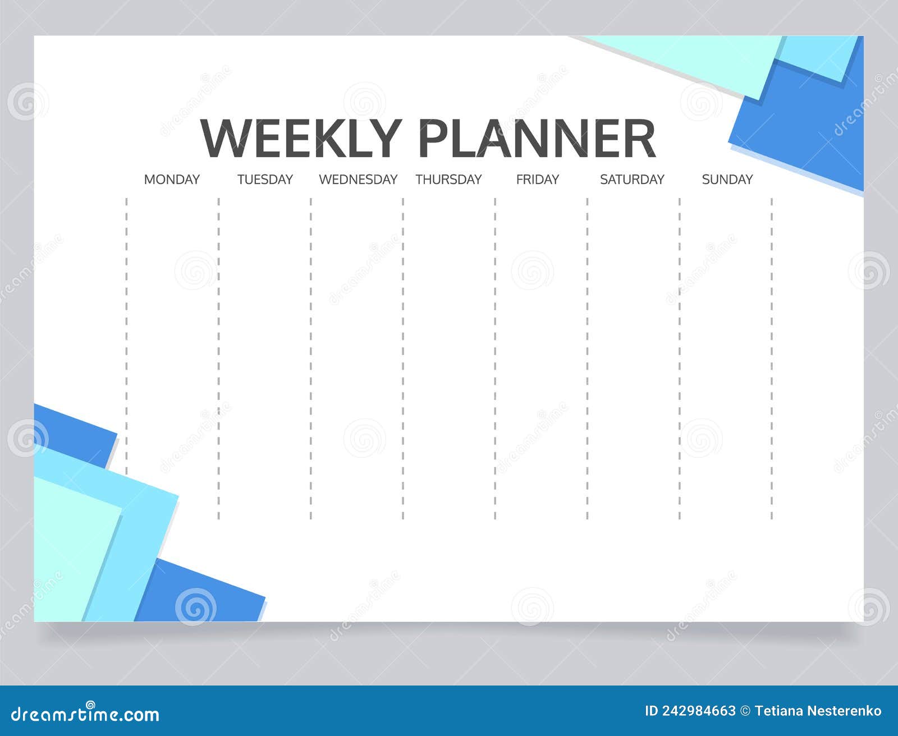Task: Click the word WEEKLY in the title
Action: point(301,139)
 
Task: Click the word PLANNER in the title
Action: point(537,139)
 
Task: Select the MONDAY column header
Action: point(172,180)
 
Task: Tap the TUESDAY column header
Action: point(265,180)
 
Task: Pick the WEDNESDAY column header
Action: point(358,180)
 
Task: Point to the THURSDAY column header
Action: point(448,180)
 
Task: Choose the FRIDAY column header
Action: point(537,180)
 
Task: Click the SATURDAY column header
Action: point(632,180)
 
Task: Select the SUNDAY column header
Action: point(727,180)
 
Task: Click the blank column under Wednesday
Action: point(357,358)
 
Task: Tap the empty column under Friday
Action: point(541,358)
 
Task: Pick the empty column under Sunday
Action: point(726,358)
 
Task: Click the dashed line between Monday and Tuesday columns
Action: point(218,358)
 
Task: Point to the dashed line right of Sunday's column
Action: point(772,358)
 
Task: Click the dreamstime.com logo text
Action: point(85,714)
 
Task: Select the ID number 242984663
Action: point(698,711)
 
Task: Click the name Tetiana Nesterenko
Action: point(818,711)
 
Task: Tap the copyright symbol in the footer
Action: point(745,711)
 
